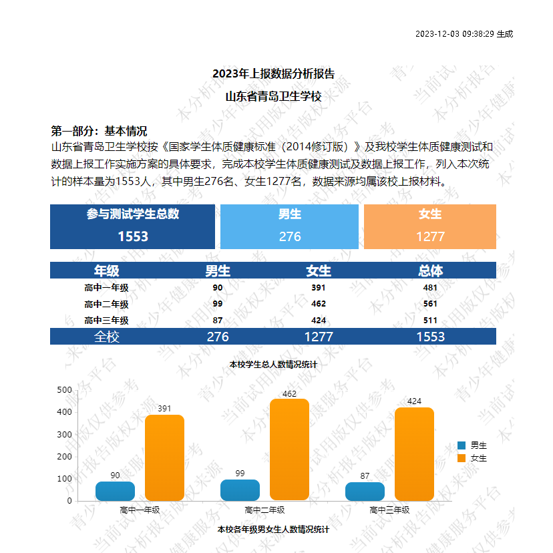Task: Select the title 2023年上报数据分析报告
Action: (x=273, y=73)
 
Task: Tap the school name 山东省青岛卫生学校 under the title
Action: (x=273, y=96)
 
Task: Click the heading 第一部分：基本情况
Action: (x=99, y=131)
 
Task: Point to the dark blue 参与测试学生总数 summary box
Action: (x=133, y=226)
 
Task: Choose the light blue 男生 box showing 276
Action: (x=290, y=226)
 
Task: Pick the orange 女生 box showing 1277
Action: (x=430, y=226)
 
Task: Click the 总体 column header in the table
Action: (x=430, y=270)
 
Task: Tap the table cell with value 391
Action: (x=319, y=288)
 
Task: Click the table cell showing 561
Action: (x=430, y=304)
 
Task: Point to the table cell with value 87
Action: (x=218, y=321)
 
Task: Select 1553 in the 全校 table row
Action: (x=430, y=337)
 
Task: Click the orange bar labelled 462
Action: (x=289, y=449)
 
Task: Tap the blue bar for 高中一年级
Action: (x=115, y=491)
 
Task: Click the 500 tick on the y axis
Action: (x=65, y=389)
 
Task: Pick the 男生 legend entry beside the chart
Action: (x=473, y=445)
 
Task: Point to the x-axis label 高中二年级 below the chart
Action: (x=264, y=510)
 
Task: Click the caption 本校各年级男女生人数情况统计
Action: (x=274, y=529)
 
